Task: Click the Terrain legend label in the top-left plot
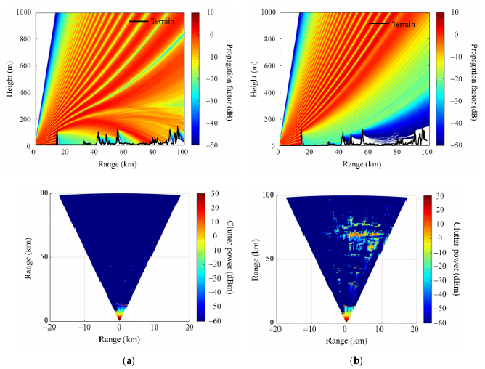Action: point(163,21)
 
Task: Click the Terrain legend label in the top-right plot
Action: point(403,24)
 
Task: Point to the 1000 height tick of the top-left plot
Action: point(23,13)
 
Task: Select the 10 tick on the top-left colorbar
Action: point(209,13)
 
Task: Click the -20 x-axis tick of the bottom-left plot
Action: point(49,328)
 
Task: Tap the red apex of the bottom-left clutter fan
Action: point(120,315)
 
